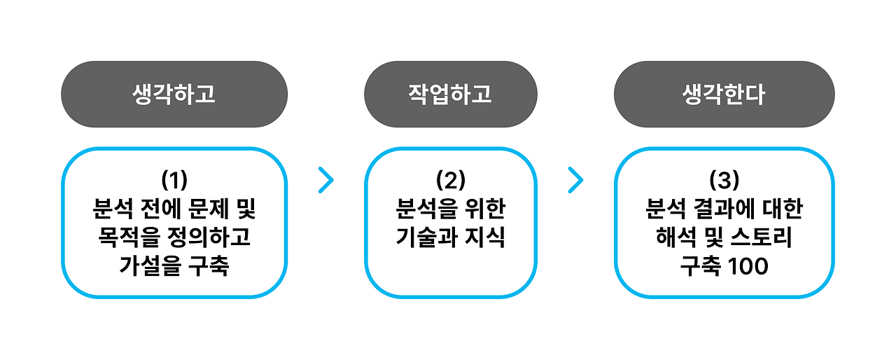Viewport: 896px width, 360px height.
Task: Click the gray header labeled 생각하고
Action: (174, 95)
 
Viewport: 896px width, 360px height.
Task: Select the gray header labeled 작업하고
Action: (450, 95)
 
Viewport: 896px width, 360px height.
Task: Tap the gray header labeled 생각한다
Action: (724, 95)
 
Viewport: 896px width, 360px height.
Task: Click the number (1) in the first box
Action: (174, 180)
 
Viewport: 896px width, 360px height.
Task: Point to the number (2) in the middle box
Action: (450, 180)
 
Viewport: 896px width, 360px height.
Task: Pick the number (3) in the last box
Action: (724, 180)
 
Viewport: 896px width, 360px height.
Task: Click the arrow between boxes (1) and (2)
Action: (325, 180)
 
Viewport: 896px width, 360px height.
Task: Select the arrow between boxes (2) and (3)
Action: (575, 180)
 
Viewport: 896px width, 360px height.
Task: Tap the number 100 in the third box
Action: (749, 267)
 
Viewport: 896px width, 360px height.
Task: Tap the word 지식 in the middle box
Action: (486, 238)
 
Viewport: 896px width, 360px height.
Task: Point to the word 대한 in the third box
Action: (782, 209)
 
